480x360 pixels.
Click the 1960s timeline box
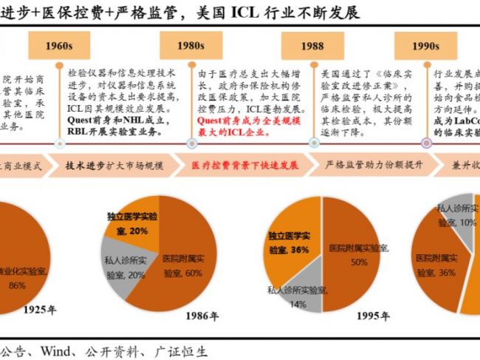(x=58, y=46)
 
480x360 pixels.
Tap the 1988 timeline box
(x=312, y=46)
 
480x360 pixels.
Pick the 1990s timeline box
(x=425, y=46)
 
